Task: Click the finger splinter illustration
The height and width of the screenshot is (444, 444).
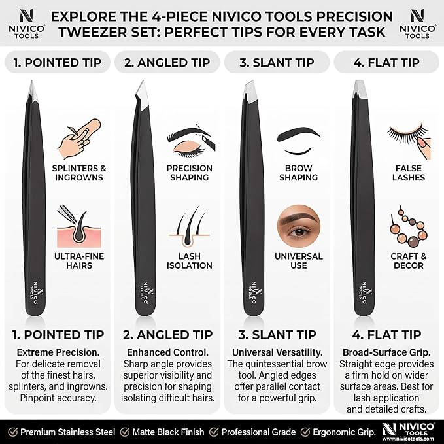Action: [79, 139]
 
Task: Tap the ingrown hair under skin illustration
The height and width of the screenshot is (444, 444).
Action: [79, 226]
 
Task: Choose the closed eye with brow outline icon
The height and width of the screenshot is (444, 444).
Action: [299, 141]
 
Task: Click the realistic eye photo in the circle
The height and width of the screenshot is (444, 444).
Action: [299, 226]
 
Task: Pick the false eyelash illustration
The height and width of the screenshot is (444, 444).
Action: [409, 141]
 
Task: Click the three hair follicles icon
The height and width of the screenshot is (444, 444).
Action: [190, 226]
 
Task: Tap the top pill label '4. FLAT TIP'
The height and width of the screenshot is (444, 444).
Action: [386, 62]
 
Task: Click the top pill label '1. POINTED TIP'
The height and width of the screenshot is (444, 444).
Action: [58, 62]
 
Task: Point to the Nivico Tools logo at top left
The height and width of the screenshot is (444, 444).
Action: [27, 24]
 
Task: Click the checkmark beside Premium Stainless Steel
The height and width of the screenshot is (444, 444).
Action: [12, 432]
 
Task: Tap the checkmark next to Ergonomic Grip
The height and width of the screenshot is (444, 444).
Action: [305, 432]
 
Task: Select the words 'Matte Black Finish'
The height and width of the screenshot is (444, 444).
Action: [168, 432]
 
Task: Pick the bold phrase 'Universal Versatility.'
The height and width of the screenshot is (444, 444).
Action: [277, 352]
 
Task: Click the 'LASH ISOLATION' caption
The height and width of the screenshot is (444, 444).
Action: [190, 261]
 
